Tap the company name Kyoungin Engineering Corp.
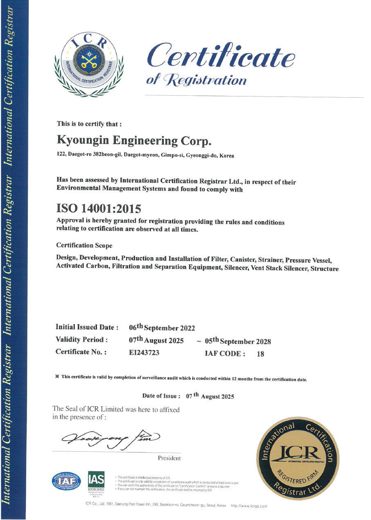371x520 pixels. click(x=135, y=140)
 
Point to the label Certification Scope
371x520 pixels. click(x=84, y=245)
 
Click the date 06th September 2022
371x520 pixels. click(x=162, y=328)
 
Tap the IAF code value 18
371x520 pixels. click(x=260, y=354)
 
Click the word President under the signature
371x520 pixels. click(x=169, y=458)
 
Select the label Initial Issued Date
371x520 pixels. click(x=87, y=327)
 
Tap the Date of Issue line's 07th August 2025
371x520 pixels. click(x=210, y=396)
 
